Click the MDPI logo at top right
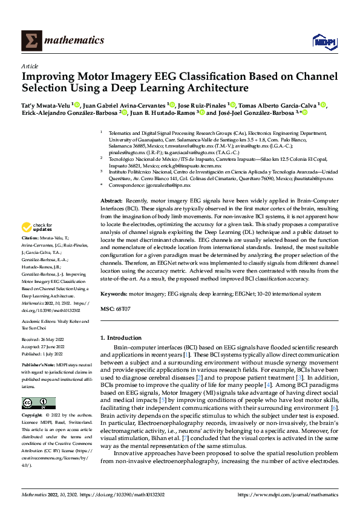323,41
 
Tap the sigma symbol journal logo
31,41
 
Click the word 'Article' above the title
29,66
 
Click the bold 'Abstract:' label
112,199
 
